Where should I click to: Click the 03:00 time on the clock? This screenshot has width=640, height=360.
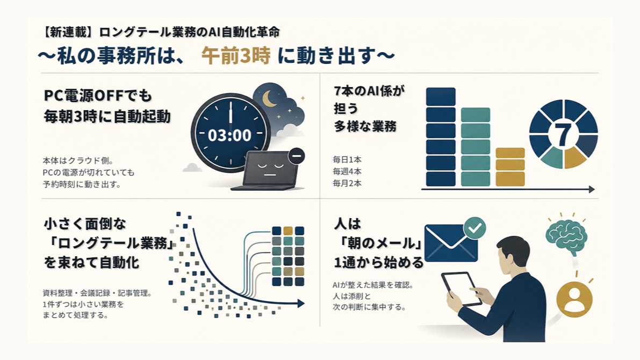point(229,135)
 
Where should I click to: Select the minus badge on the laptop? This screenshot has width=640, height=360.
point(296,156)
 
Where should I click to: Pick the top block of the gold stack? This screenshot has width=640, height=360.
point(510,153)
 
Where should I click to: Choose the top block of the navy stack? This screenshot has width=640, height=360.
point(441,97)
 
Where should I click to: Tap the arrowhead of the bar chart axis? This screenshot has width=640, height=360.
point(592,189)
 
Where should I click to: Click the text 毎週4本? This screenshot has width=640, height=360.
point(347,171)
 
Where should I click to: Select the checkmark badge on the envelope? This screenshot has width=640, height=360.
point(475,228)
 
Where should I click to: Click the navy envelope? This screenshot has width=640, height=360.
point(451,243)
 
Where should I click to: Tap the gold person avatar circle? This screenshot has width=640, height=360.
point(574,299)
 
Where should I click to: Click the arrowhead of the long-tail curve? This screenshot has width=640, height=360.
point(301,303)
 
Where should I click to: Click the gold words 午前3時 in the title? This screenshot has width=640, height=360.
point(236,55)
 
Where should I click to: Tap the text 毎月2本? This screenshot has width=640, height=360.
point(347,183)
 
